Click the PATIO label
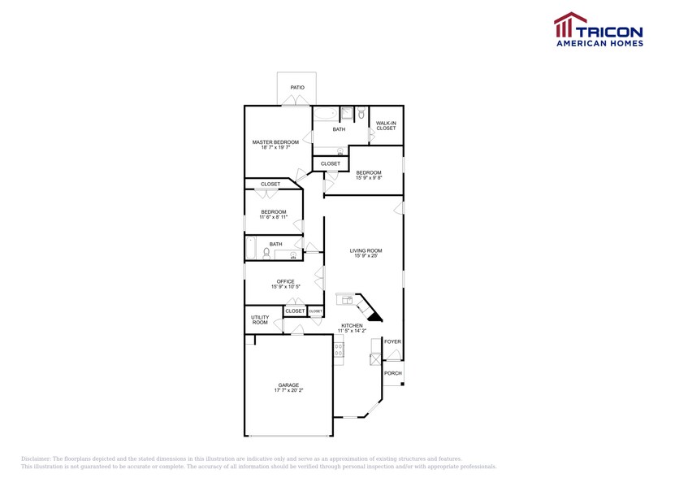pyautogui.click(x=297, y=87)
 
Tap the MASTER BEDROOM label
pyautogui.click(x=275, y=142)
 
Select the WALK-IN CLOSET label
pyautogui.click(x=386, y=126)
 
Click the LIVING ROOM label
pyautogui.click(x=366, y=250)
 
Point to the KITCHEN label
pyautogui.click(x=352, y=325)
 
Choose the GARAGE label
pyautogui.click(x=288, y=385)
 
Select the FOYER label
pyautogui.click(x=392, y=341)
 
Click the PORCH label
pyautogui.click(x=393, y=373)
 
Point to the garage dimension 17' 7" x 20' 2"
pyautogui.click(x=288, y=391)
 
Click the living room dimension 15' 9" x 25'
pyautogui.click(x=366, y=256)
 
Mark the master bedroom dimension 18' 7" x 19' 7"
pyautogui.click(x=275, y=148)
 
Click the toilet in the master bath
pyautogui.click(x=361, y=114)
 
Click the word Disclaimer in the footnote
pyautogui.click(x=37, y=459)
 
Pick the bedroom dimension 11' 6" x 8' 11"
pyautogui.click(x=273, y=218)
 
